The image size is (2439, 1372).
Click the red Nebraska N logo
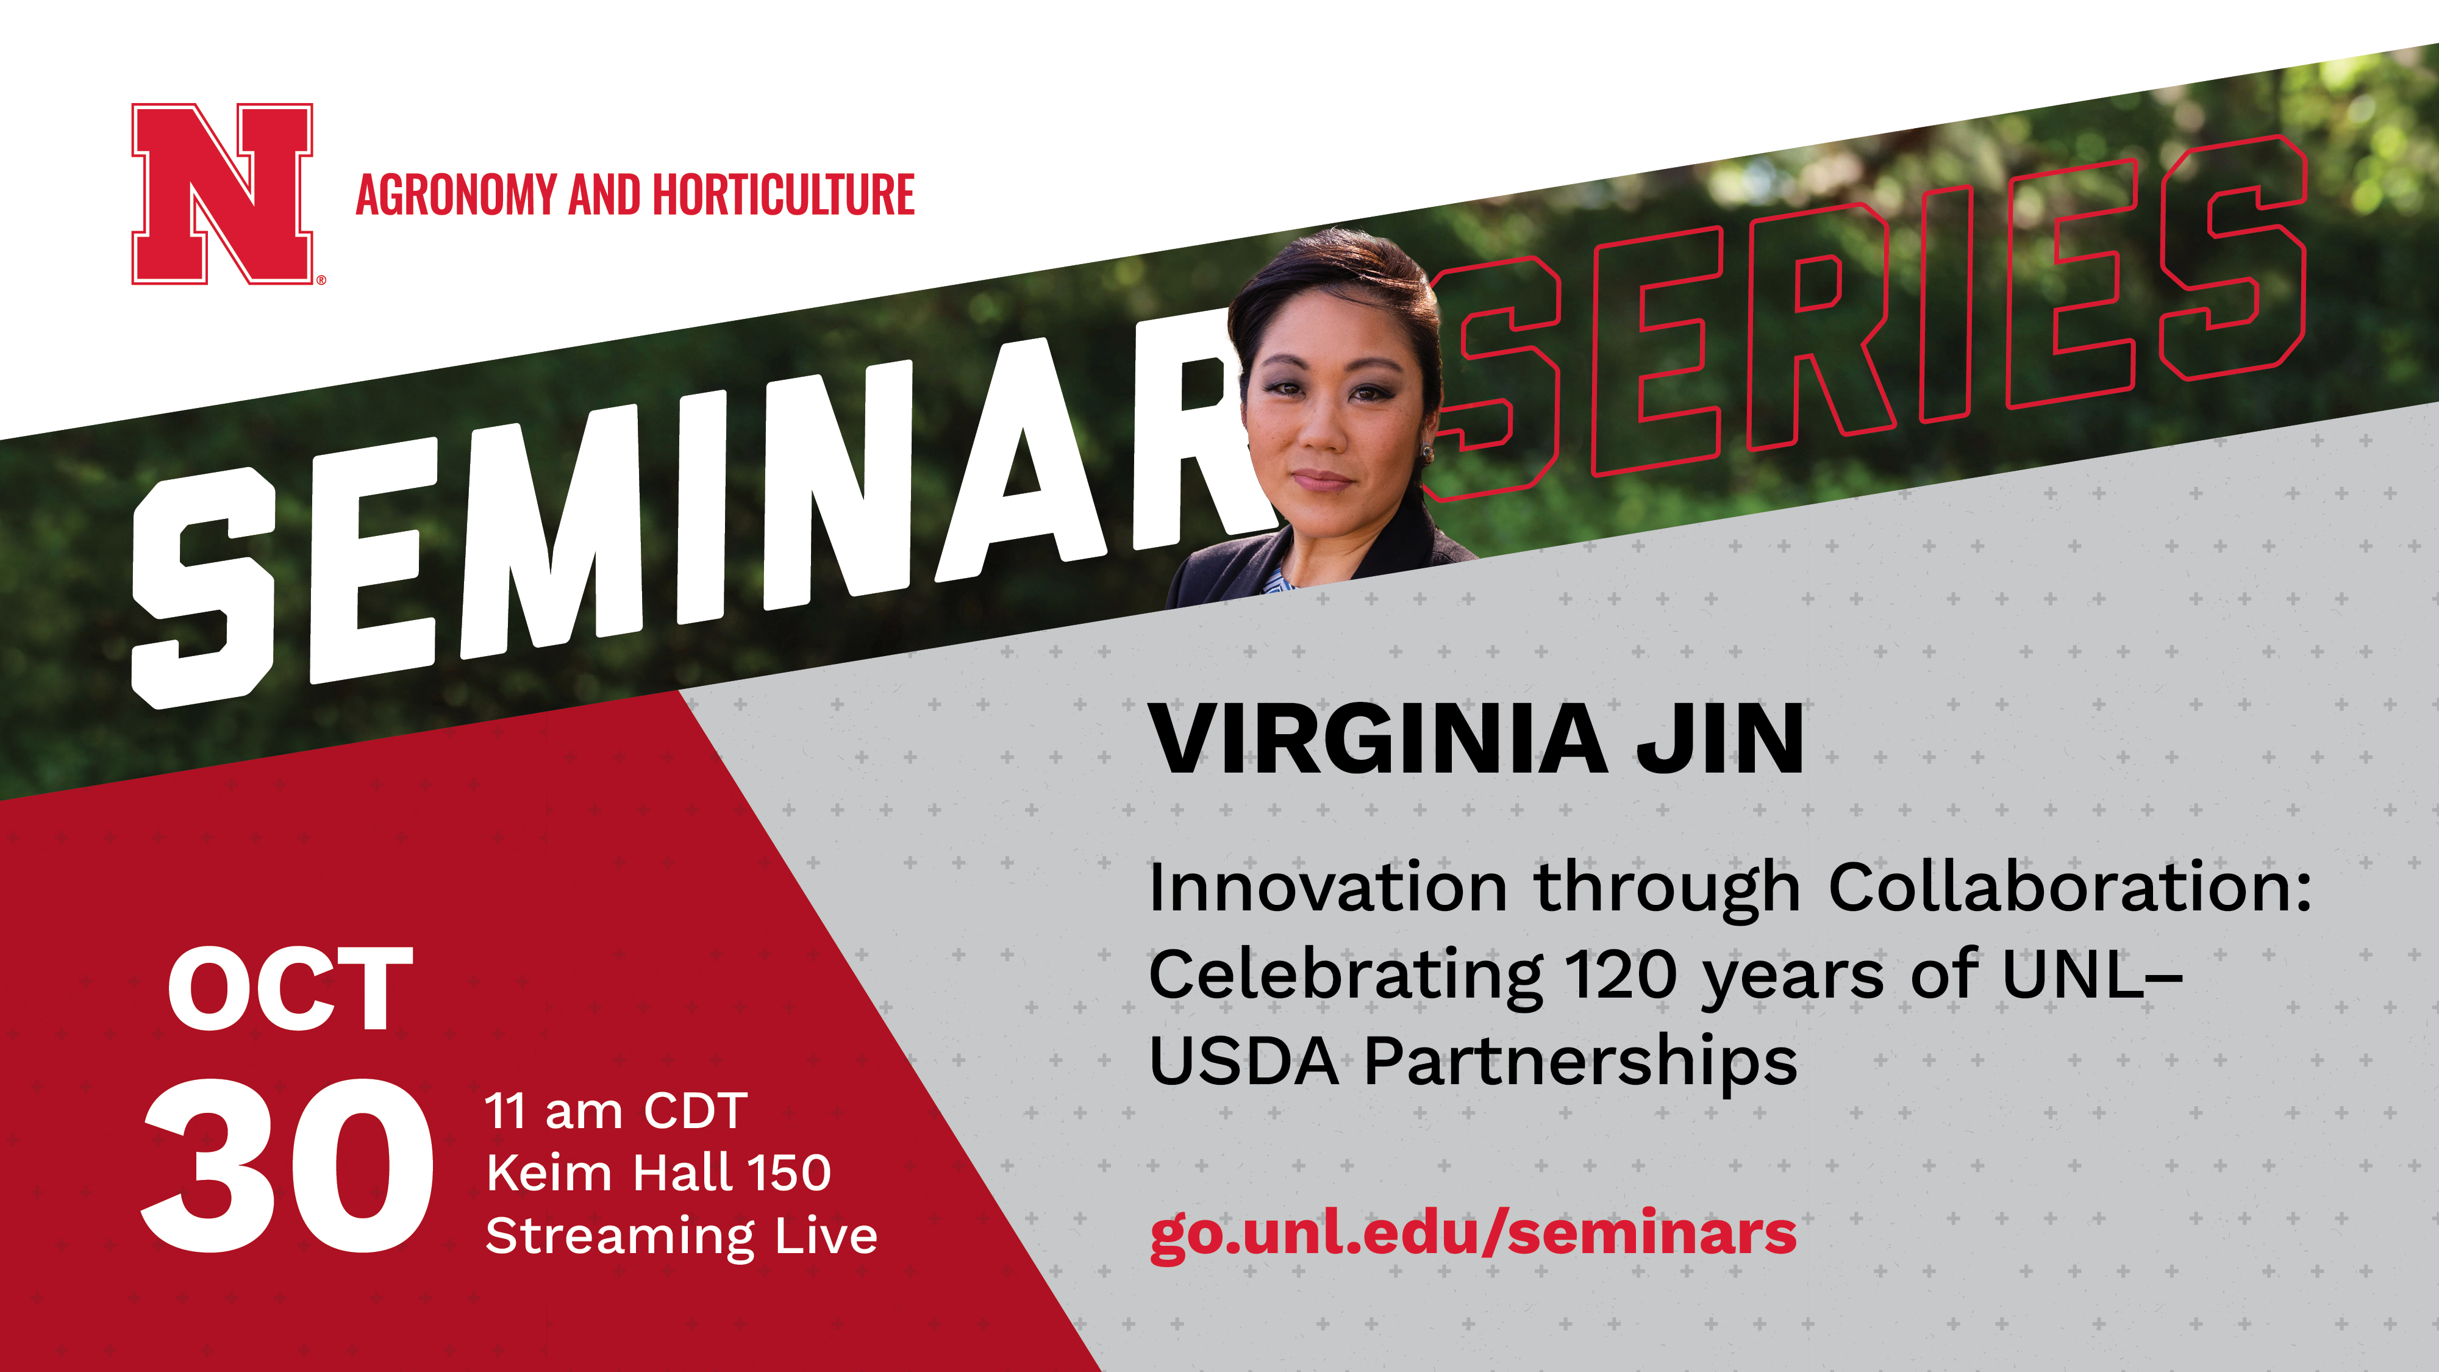pos(223,193)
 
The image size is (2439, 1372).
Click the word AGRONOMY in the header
pos(456,195)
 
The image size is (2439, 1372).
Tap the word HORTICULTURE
pos(784,195)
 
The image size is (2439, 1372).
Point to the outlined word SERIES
pos(1865,317)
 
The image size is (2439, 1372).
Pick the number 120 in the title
pos(1621,975)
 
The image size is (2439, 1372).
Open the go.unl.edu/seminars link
pos(1473,1234)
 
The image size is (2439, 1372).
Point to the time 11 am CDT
pos(616,1110)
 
